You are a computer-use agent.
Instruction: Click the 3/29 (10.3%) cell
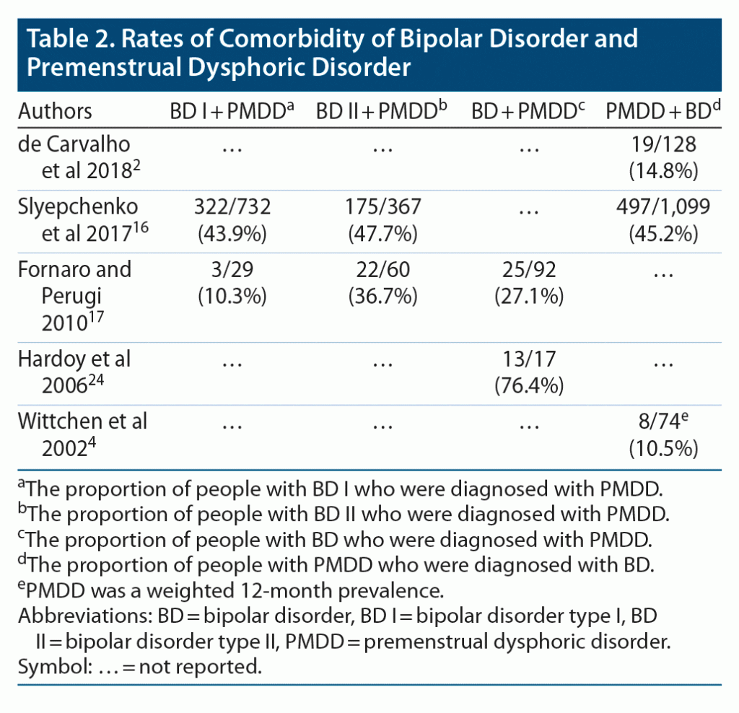click(x=232, y=284)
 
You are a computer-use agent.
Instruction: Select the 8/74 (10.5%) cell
click(x=663, y=434)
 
